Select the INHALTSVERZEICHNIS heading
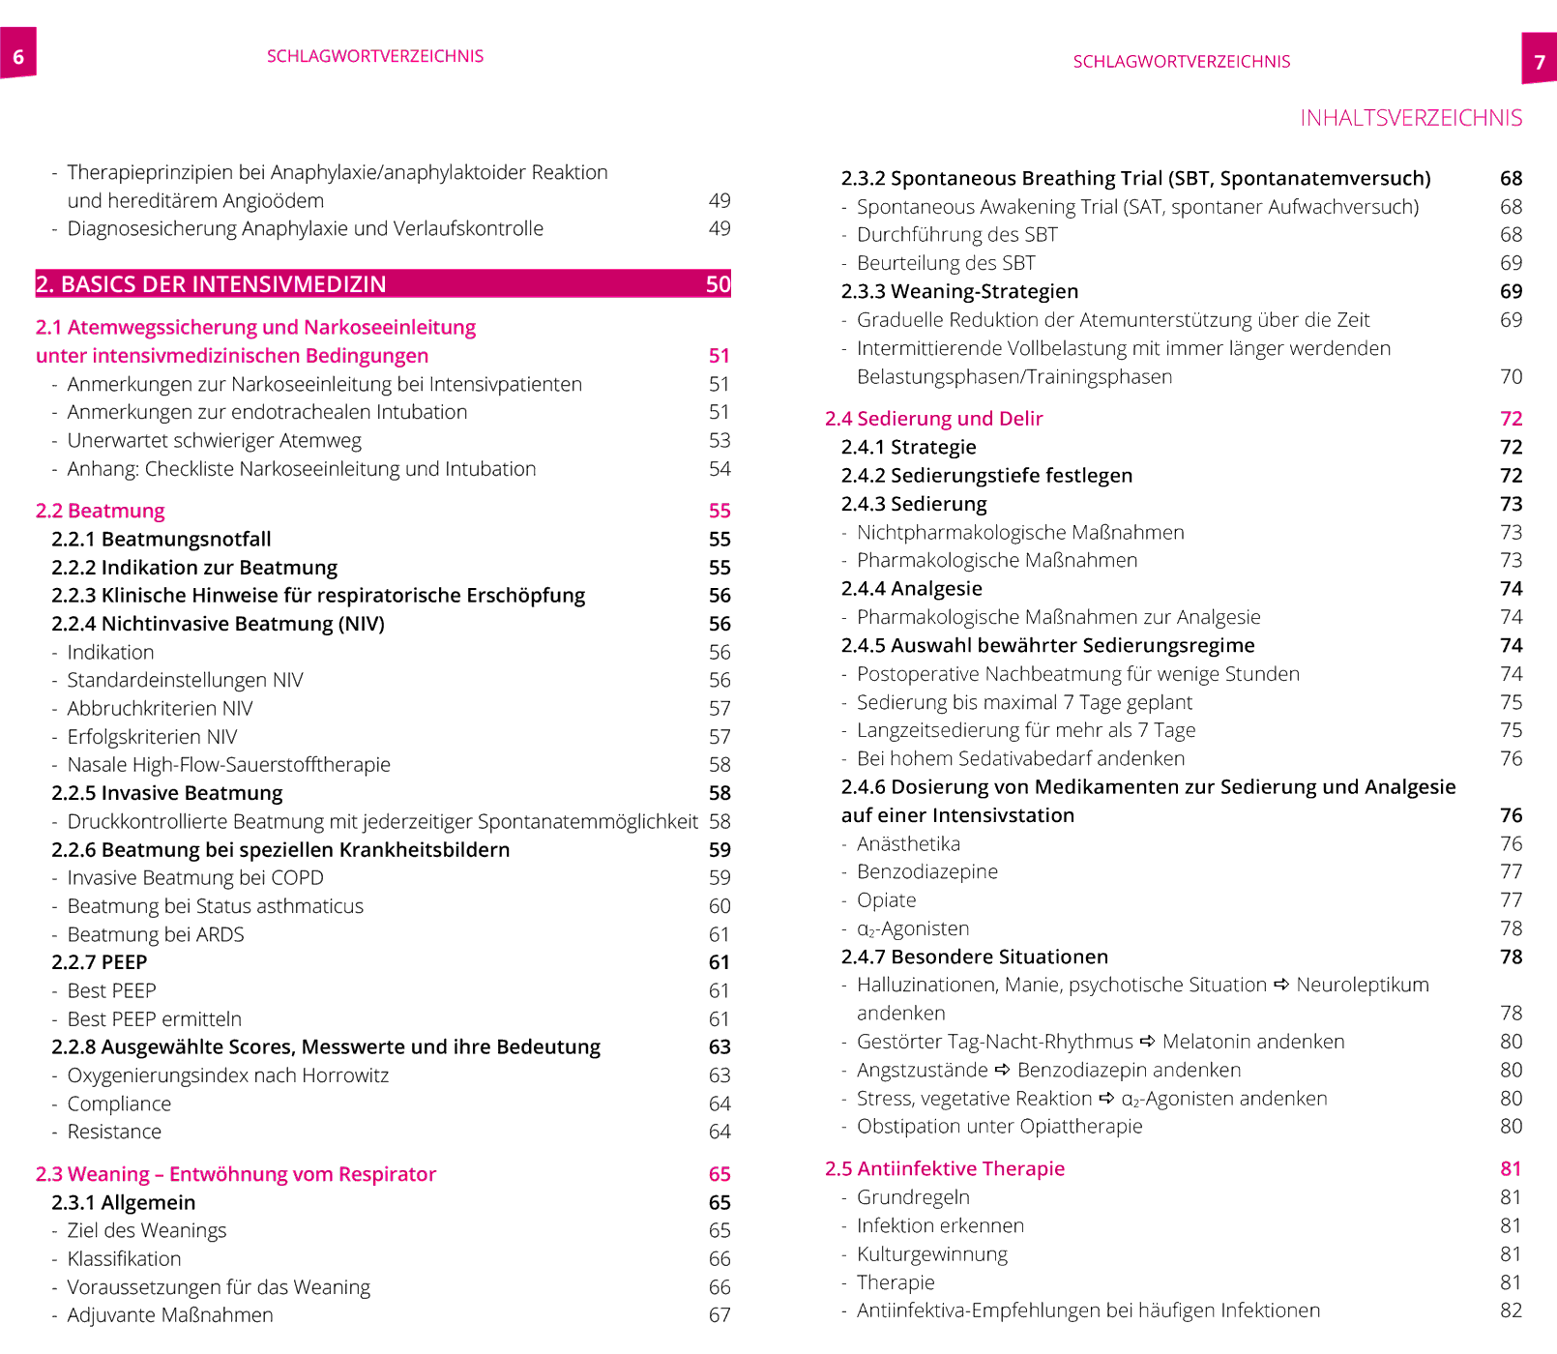click(x=1410, y=118)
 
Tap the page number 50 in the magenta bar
click(x=718, y=284)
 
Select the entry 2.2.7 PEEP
click(x=100, y=962)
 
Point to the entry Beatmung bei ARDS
click(x=156, y=934)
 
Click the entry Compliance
click(x=119, y=1104)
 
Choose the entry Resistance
click(x=114, y=1132)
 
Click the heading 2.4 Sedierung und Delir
click(x=934, y=419)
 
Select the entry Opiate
click(x=887, y=900)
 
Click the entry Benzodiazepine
click(x=927, y=871)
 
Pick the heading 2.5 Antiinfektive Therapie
click(x=945, y=1168)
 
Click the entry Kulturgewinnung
click(x=932, y=1254)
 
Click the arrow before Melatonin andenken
click(x=1148, y=1042)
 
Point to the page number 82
click(x=1511, y=1310)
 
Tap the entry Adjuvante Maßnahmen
click(x=170, y=1315)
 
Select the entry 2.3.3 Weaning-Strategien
click(x=959, y=291)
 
